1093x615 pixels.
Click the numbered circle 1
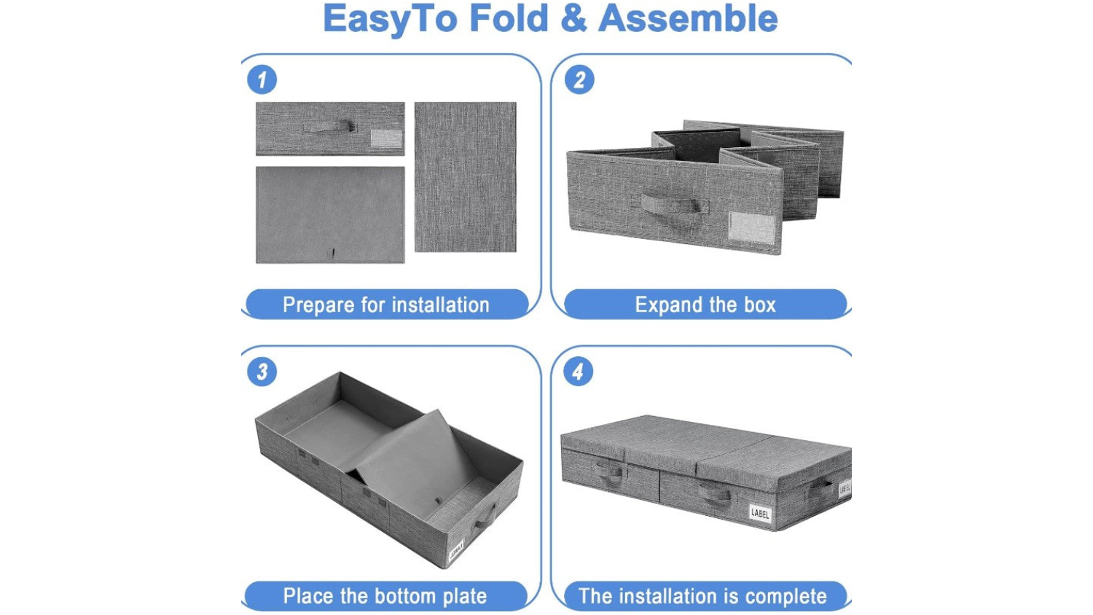point(262,79)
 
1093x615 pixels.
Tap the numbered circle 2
point(579,79)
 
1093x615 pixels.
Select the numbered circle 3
point(262,372)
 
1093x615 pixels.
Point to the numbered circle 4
point(579,372)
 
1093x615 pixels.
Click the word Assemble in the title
point(688,18)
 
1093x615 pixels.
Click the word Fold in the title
point(509,18)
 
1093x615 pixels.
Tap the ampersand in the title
point(574,19)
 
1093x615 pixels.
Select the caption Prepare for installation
point(386,305)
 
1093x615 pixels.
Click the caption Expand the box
point(705,305)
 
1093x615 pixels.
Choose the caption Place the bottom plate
point(385,596)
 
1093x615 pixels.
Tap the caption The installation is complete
point(702,596)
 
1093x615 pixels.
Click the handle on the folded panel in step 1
point(329,126)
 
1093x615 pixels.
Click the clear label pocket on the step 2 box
point(751,227)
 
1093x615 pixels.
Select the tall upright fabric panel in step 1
point(466,176)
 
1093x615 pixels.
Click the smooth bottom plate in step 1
point(330,215)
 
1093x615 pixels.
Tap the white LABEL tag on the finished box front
point(760,513)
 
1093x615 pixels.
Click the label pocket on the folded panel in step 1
point(386,138)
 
